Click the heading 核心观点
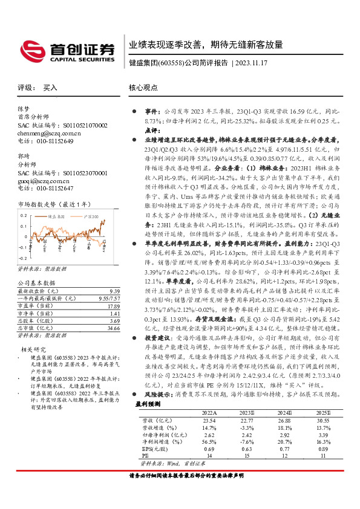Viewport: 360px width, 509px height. coord(143,88)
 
